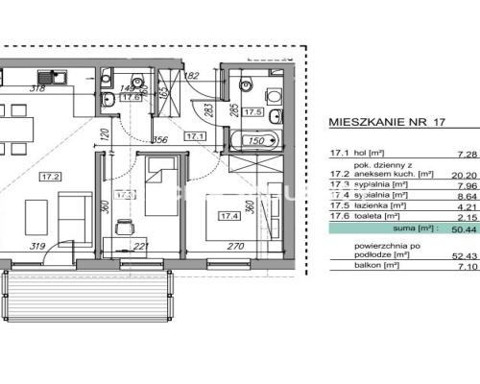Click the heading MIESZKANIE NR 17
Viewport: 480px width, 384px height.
[387, 123]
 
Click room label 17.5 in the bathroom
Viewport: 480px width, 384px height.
[254, 112]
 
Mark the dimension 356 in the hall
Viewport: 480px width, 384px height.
[162, 139]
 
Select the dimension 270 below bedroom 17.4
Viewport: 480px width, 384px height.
[236, 246]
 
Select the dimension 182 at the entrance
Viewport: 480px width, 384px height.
[190, 75]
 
